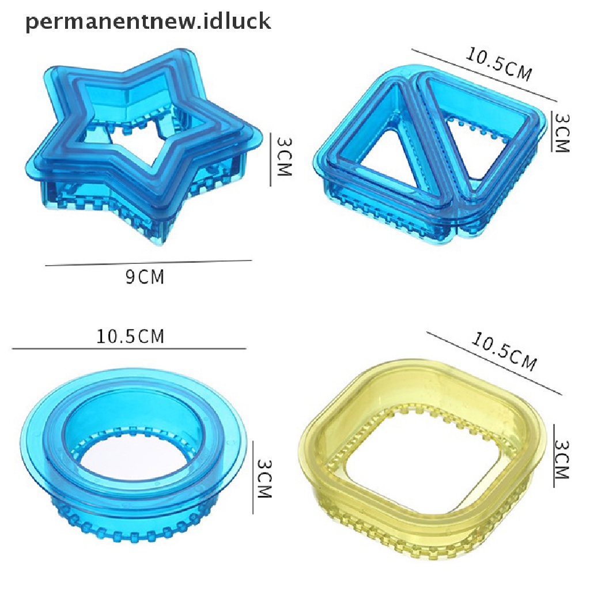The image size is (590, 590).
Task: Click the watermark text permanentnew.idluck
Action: click(148, 22)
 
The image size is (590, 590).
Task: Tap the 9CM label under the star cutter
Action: click(145, 277)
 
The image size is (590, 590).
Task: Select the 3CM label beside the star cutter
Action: click(284, 156)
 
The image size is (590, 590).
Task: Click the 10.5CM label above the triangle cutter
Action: click(499, 64)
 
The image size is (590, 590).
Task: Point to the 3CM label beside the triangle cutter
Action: click(562, 133)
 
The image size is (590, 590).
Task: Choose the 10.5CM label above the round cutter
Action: click(130, 336)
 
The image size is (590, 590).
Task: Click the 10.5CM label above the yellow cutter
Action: click(504, 351)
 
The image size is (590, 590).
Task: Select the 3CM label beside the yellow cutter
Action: click(561, 459)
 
